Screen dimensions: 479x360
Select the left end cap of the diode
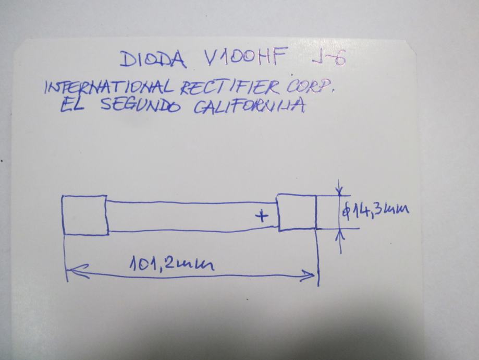pos(85,215)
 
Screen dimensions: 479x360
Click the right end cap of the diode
pos(297,211)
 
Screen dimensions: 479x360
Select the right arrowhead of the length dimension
pos(311,274)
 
